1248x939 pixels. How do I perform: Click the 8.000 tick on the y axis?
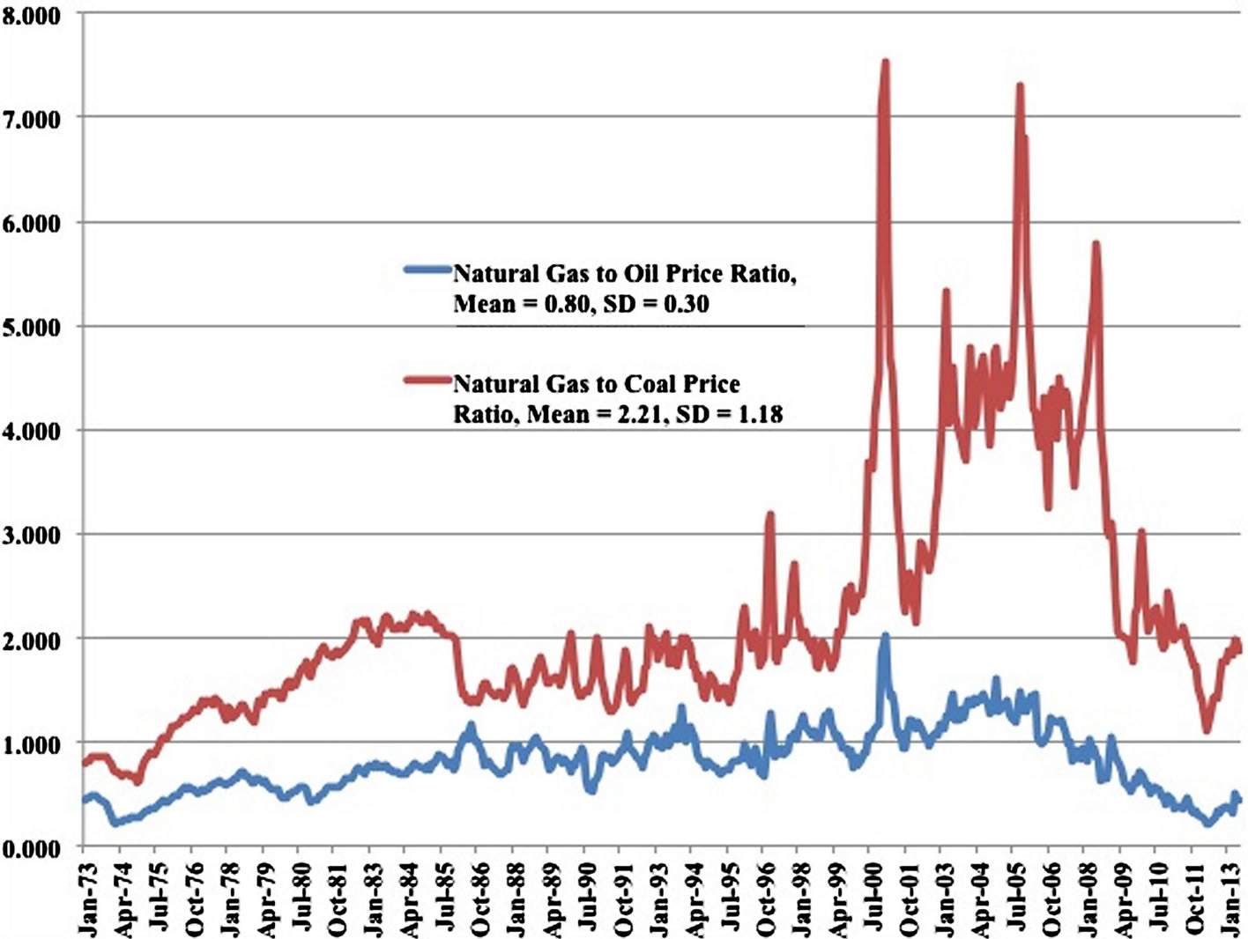point(32,16)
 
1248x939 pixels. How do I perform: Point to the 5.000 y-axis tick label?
point(32,328)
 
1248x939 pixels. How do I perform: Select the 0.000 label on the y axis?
point(32,848)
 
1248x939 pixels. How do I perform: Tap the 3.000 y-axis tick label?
point(32,536)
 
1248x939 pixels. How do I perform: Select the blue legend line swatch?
point(427,270)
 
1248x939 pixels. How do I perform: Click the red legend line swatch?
point(427,381)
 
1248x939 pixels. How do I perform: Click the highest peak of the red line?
point(885,63)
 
